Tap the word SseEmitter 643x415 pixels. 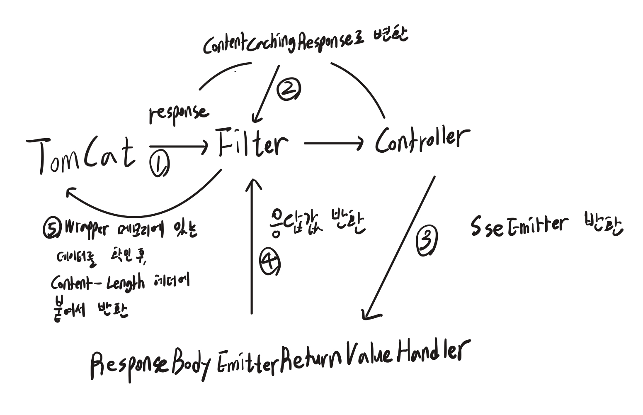tap(518, 226)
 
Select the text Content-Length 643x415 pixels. tap(98, 283)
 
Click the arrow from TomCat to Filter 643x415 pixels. tap(178, 146)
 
